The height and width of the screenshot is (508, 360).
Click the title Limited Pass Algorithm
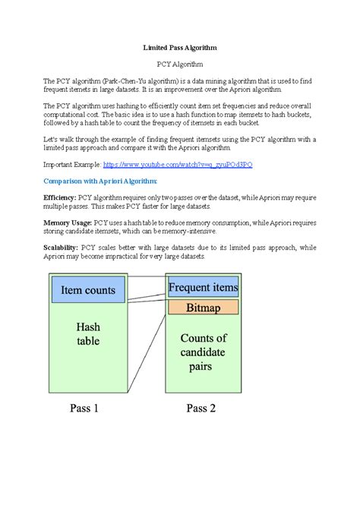180,47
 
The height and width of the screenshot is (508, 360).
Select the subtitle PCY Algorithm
180,65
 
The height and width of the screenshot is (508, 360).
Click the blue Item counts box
87,290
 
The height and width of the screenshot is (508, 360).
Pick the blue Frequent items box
203,287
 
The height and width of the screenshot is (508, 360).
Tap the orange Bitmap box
203,308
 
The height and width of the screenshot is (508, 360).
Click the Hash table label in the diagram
88,334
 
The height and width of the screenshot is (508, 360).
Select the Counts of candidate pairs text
202,352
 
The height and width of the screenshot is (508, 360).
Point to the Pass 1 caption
84,408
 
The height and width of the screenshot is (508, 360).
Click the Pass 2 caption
201,408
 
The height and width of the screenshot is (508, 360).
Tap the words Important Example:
71,164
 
